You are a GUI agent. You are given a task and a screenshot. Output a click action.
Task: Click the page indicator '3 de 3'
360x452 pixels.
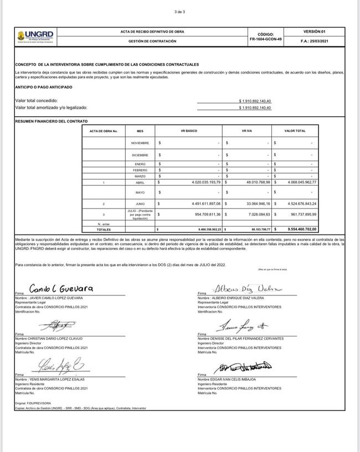pyautogui.click(x=179, y=12)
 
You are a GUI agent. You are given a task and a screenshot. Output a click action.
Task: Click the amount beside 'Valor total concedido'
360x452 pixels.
pyautogui.click(x=255, y=101)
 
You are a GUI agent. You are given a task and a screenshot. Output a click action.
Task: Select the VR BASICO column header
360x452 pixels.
pyautogui.click(x=189, y=131)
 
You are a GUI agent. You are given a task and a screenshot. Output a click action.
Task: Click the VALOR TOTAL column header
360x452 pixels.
pyautogui.click(x=295, y=131)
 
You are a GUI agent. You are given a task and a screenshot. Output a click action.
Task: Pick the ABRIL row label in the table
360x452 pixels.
pyautogui.click(x=140, y=182)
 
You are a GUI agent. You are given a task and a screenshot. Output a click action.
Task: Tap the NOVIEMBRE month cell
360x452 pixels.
pyautogui.click(x=140, y=143)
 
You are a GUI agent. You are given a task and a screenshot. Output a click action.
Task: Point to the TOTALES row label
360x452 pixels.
pyautogui.click(x=104, y=228)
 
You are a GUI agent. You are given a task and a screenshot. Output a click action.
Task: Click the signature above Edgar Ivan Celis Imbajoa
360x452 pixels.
pyautogui.click(x=244, y=367)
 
